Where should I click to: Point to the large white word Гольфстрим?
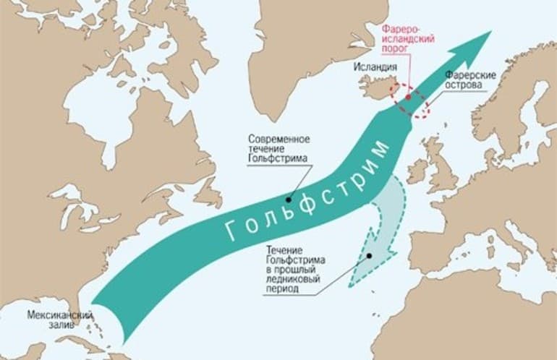(x=308, y=191)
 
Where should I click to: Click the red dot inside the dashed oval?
(x=409, y=96)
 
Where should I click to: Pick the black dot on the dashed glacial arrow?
(x=369, y=255)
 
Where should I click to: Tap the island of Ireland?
(x=417, y=171)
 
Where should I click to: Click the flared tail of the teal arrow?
(x=116, y=318)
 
